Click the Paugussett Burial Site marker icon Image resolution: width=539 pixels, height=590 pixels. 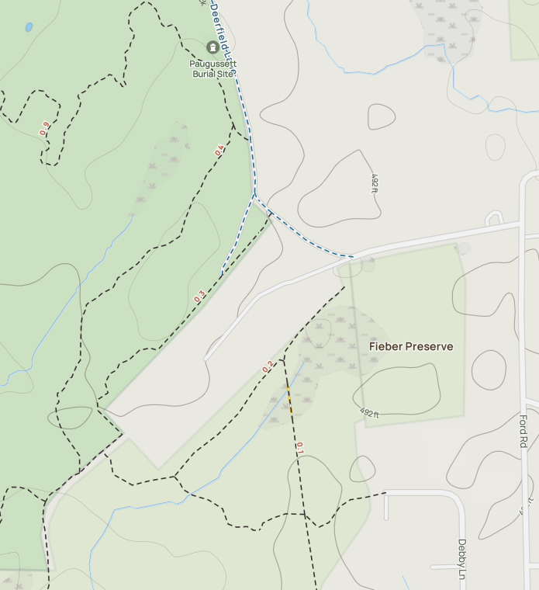pyautogui.click(x=212, y=48)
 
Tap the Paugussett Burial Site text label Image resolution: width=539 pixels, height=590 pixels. pyautogui.click(x=212, y=68)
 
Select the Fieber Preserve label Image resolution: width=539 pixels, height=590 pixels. pyautogui.click(x=410, y=346)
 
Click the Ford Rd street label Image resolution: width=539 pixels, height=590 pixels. pyautogui.click(x=523, y=432)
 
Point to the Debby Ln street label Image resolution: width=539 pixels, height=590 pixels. pyautogui.click(x=461, y=559)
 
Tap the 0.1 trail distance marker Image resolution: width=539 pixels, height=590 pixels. pyautogui.click(x=299, y=448)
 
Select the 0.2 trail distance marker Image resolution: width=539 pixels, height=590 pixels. pyautogui.click(x=268, y=367)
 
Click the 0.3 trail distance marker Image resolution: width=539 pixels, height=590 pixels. pyautogui.click(x=200, y=297)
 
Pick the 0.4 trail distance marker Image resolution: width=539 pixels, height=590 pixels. pyautogui.click(x=219, y=150)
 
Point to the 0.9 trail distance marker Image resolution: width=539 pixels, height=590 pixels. pyautogui.click(x=44, y=128)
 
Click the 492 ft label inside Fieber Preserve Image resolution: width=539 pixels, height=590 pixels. pyautogui.click(x=370, y=413)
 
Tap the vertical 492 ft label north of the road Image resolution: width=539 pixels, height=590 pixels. pyautogui.click(x=375, y=183)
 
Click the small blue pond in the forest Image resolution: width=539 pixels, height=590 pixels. pyautogui.click(x=29, y=27)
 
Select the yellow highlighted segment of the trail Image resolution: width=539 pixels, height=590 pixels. pyautogui.click(x=289, y=398)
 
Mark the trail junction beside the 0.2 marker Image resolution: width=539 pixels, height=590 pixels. pyautogui.click(x=282, y=359)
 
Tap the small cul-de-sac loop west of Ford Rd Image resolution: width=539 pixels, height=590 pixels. pyautogui.click(x=494, y=217)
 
